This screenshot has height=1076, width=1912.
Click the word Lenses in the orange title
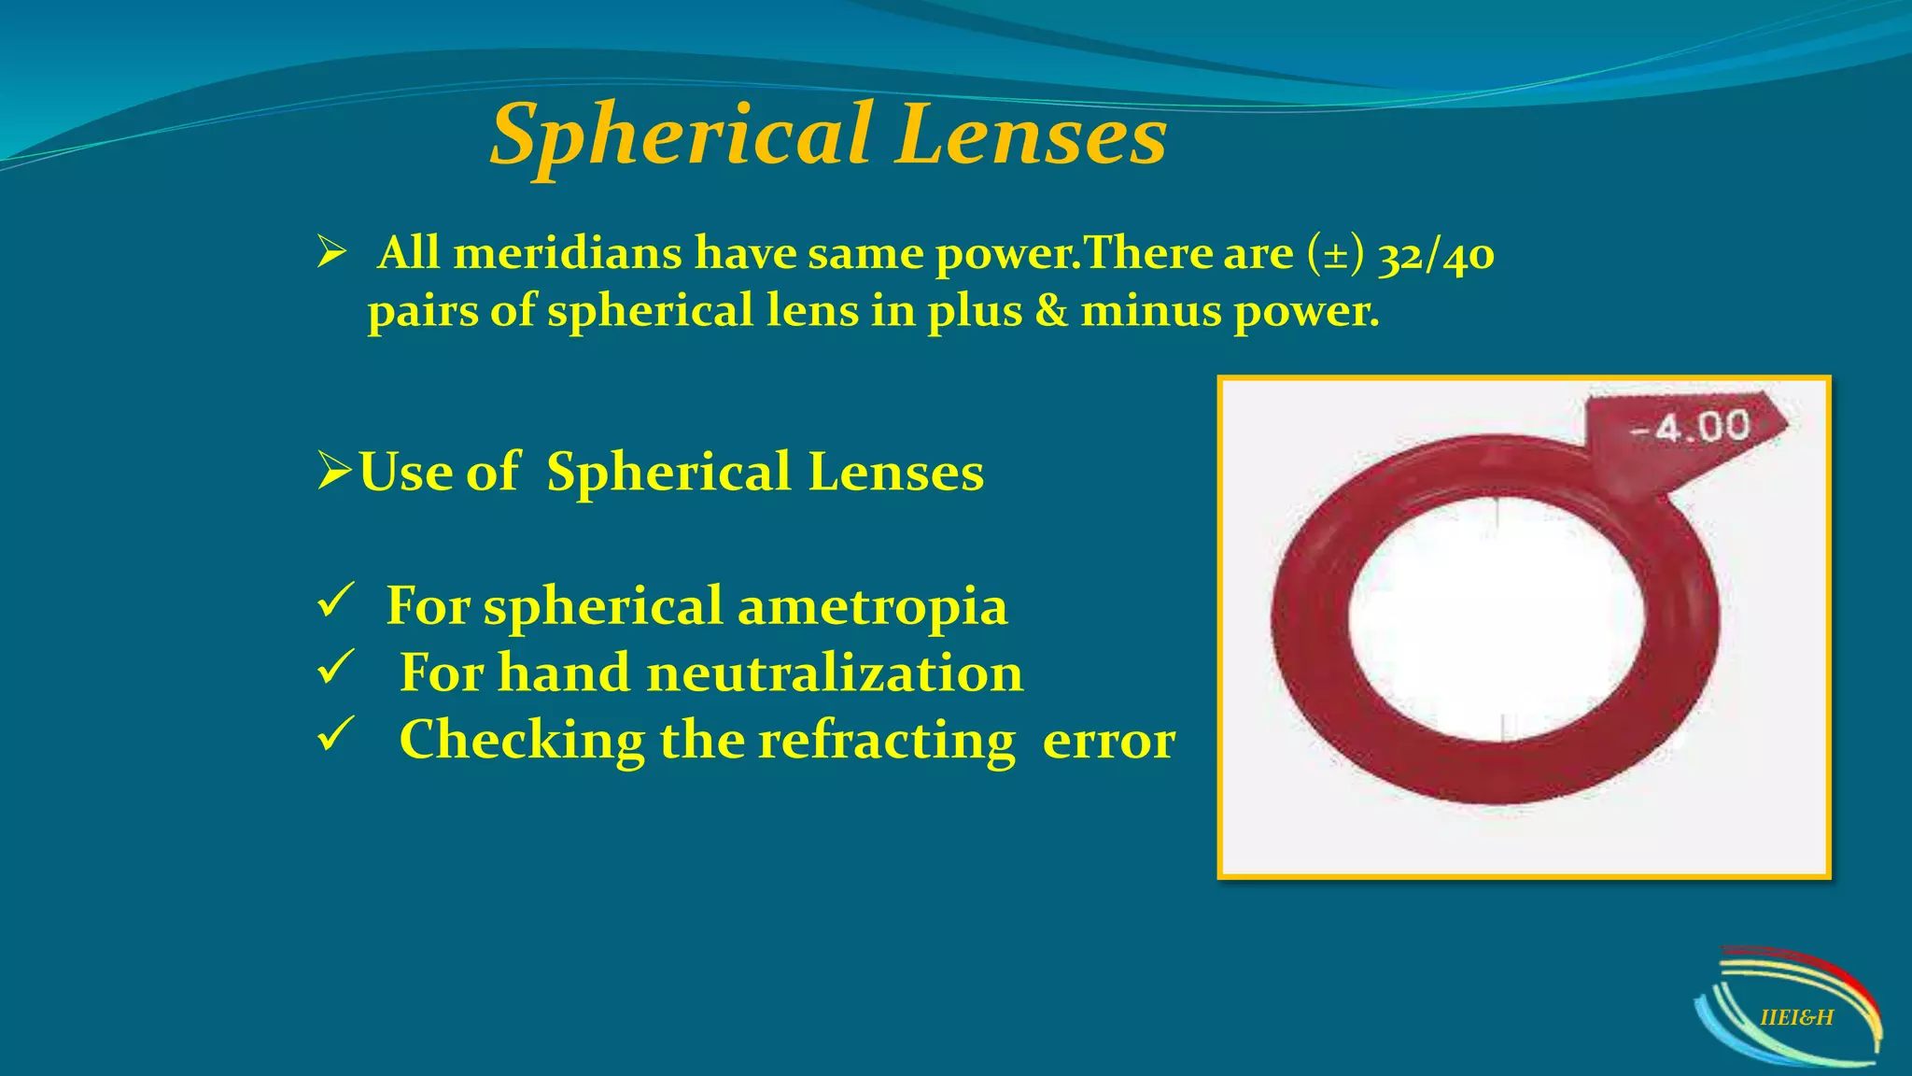point(1031,135)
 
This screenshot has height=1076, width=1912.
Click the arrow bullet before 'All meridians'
point(331,252)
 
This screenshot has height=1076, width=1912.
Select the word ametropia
point(872,606)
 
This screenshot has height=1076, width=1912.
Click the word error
point(1108,741)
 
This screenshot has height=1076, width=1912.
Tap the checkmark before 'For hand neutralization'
point(334,667)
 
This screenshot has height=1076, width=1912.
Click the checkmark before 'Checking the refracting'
point(334,734)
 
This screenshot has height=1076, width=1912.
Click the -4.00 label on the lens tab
point(1690,428)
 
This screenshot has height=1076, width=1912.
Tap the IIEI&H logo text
point(1796,1018)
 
